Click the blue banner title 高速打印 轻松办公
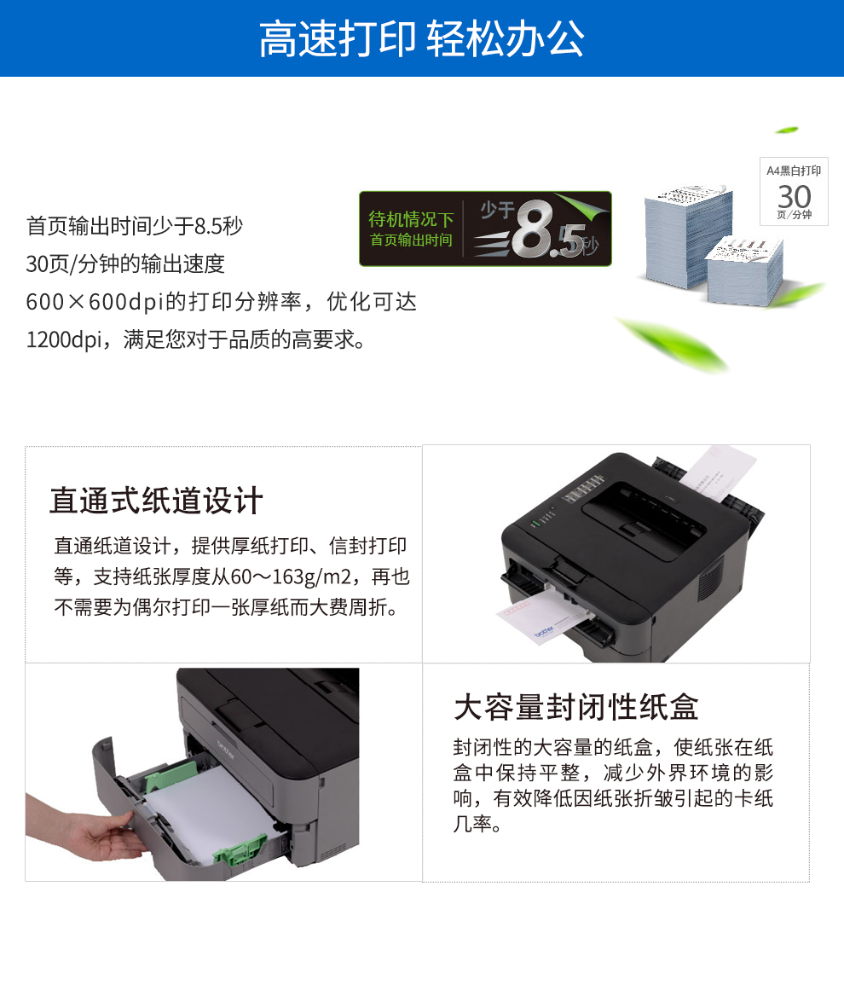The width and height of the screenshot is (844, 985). (421, 38)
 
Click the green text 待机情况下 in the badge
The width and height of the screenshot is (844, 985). (411, 218)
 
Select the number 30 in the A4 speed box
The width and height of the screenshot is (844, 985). (795, 197)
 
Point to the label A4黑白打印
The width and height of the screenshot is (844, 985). (794, 171)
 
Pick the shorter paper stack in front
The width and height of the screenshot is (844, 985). (744, 270)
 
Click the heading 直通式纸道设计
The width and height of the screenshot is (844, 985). (156, 501)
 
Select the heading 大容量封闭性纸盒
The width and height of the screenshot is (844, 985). (575, 707)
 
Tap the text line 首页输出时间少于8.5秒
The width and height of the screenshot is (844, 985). (135, 225)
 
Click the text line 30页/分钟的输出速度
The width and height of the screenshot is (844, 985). (125, 264)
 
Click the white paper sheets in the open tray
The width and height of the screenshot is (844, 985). (206, 810)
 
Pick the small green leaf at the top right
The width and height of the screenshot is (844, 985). (786, 130)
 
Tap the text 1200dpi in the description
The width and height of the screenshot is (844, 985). (64, 340)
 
